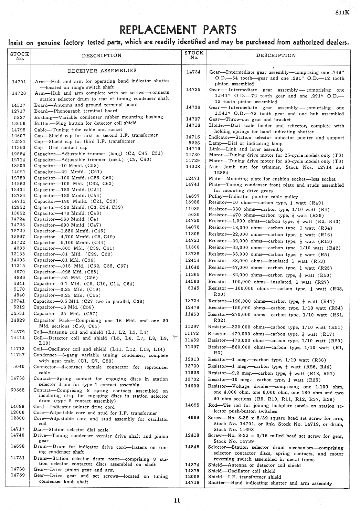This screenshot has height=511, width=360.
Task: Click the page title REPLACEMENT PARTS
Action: click(x=178, y=30)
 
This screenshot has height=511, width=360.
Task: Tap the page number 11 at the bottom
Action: click(x=177, y=500)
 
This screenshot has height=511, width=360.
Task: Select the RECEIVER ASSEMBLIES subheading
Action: click(x=102, y=71)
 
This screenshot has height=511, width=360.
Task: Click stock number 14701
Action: click(x=19, y=82)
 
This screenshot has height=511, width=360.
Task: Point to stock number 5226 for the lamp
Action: click(x=194, y=143)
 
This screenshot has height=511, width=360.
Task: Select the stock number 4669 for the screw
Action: click(x=193, y=417)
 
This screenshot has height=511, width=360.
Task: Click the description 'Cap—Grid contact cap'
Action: click(x=61, y=147)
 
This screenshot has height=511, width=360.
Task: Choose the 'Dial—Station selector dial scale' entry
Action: click(x=71, y=429)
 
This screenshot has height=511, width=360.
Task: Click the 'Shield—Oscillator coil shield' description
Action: click(x=242, y=471)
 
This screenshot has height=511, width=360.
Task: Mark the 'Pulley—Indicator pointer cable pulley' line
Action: click(x=253, y=197)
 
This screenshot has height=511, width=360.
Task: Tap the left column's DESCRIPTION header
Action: click(x=102, y=55)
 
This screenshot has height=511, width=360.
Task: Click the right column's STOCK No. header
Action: click(x=194, y=55)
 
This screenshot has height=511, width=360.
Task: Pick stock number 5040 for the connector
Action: click(x=19, y=367)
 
